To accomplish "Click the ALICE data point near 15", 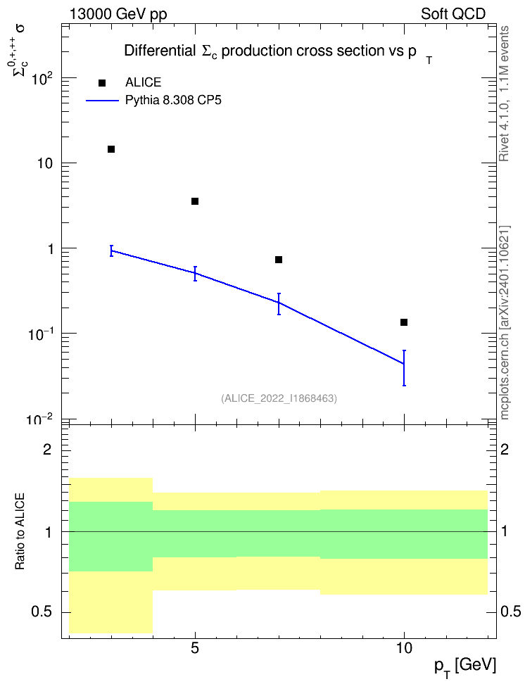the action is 111,149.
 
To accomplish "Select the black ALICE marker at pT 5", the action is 195,201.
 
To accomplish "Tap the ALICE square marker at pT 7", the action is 279,260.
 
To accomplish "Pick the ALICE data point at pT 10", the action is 404,322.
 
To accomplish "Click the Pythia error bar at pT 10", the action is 404,368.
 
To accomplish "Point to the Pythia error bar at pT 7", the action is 279,303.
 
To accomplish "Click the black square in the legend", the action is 102,83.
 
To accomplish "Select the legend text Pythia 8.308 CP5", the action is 173,101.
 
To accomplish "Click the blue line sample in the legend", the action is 102,101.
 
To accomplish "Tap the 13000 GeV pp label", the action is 118,14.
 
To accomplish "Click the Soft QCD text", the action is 453,14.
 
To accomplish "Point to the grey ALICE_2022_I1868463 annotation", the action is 279,398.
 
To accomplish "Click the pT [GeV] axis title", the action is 465,666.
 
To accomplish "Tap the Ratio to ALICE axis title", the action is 20,531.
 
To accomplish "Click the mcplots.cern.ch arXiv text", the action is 505,323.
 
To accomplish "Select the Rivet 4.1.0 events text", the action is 504,94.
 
